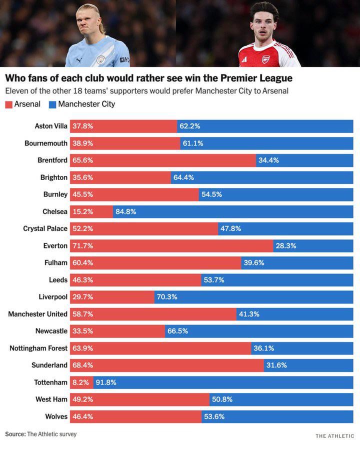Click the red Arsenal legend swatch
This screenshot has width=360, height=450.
(x=8, y=104)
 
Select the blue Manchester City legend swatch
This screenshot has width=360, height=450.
(x=52, y=104)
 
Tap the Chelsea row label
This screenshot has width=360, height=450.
(x=54, y=211)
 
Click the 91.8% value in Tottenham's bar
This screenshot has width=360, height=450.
(x=105, y=382)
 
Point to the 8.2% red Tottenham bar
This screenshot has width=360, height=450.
(x=81, y=382)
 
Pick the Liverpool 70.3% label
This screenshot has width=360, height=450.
(x=167, y=297)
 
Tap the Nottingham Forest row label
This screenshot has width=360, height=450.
(x=38, y=348)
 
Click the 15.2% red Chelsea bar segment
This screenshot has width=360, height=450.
(x=91, y=211)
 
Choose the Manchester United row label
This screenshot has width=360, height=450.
(x=37, y=314)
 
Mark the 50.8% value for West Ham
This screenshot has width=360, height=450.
(x=222, y=399)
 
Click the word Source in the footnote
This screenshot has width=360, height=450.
(x=14, y=434)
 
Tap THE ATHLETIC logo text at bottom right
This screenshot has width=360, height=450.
(x=334, y=436)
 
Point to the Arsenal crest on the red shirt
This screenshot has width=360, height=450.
(x=265, y=58)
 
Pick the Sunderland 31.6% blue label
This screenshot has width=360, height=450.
(x=276, y=365)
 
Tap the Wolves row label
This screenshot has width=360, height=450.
(x=56, y=416)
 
